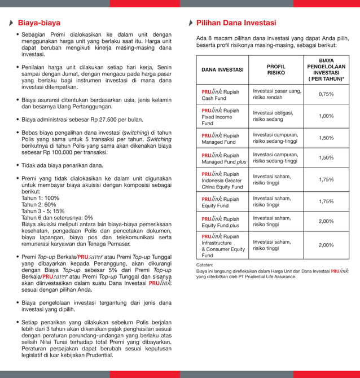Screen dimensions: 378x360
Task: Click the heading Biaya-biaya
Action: point(39,23)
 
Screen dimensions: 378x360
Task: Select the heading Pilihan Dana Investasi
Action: point(236,23)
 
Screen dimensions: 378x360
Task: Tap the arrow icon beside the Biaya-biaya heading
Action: point(12,24)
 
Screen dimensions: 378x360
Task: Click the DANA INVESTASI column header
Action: point(222,70)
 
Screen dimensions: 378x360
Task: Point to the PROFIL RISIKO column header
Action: point(276,69)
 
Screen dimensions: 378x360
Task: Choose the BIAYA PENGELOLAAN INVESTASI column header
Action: point(326,69)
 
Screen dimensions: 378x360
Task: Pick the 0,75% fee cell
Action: point(326,94)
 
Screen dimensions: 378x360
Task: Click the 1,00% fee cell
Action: point(326,116)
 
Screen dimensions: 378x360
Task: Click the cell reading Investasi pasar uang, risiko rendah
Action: point(276,94)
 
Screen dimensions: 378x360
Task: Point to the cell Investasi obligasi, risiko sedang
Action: point(275,116)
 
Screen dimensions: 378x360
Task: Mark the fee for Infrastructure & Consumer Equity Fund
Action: point(326,245)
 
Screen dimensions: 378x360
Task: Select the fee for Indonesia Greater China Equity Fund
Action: point(326,179)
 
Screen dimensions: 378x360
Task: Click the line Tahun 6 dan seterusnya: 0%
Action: point(57,217)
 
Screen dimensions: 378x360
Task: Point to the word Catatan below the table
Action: point(204,264)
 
